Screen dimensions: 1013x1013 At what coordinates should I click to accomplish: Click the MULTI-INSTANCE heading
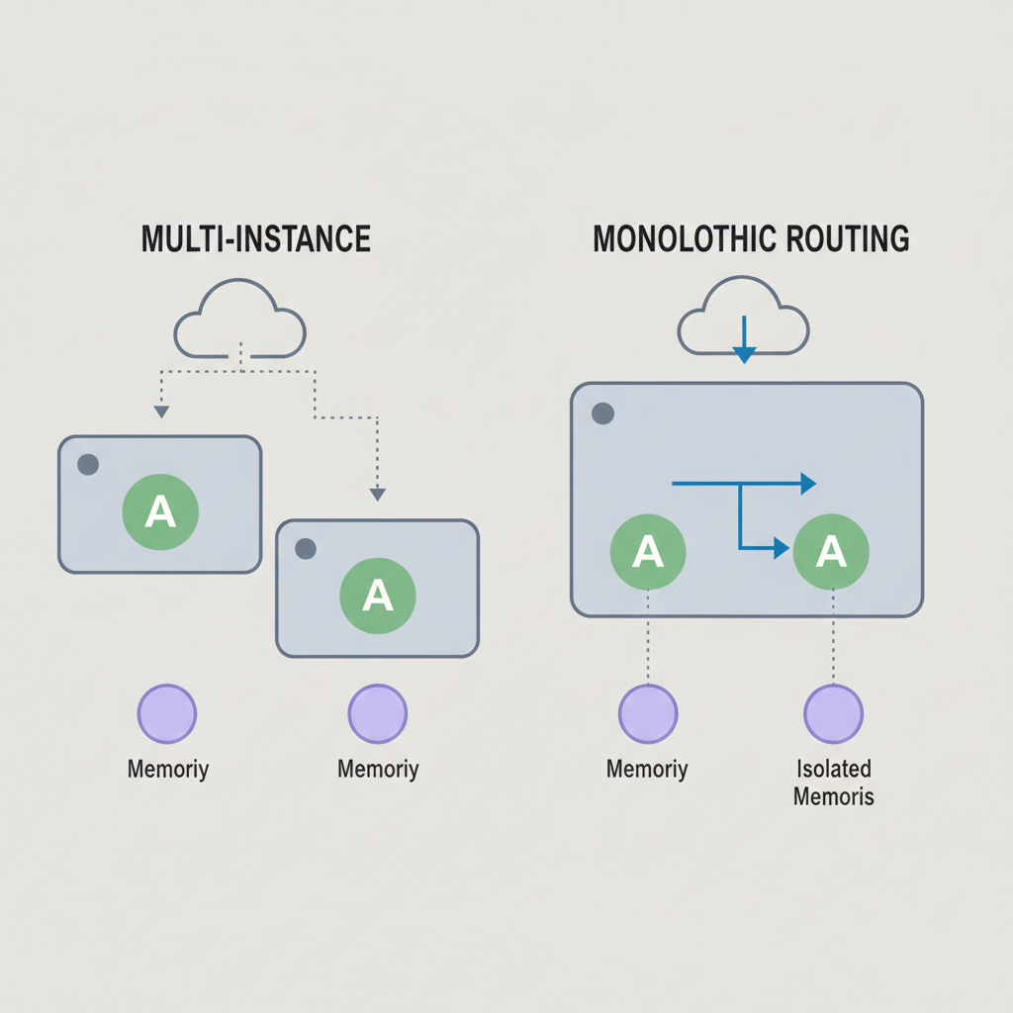256,238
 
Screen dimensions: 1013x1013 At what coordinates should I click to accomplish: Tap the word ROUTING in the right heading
848,238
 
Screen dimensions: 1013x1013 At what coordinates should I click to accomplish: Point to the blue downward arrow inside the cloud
744,339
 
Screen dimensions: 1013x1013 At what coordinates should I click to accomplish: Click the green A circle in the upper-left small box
160,511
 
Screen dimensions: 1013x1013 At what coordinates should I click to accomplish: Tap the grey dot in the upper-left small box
88,464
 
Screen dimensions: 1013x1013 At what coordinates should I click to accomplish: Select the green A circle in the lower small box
378,595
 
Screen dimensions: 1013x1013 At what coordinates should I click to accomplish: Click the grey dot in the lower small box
306,548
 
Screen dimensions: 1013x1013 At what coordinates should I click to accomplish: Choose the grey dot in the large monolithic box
602,414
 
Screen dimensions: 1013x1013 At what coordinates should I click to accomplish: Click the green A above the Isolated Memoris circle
831,551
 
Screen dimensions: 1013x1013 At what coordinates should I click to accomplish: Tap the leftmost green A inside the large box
648,552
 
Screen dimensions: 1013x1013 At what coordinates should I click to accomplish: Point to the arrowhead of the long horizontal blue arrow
809,483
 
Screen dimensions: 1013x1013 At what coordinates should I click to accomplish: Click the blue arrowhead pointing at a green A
782,548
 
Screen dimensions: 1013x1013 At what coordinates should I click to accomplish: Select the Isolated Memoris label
833,783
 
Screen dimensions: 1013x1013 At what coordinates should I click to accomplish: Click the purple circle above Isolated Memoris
833,714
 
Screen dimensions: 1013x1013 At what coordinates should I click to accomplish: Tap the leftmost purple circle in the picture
166,714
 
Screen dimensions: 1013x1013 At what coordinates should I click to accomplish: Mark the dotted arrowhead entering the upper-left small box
161,413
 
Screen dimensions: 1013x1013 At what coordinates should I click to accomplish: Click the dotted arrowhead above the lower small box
377,495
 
